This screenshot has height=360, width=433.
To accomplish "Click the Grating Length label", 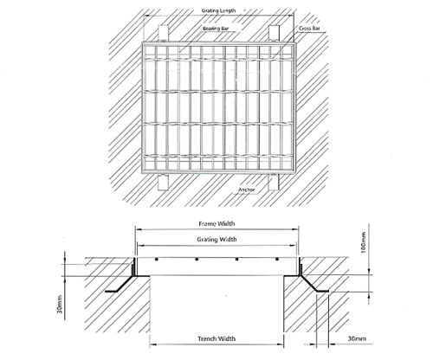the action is point(218,10).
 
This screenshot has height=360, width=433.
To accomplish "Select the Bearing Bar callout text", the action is point(216,29).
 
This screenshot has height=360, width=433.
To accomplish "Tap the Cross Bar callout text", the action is point(309,29).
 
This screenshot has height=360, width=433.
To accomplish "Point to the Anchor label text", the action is point(247,190).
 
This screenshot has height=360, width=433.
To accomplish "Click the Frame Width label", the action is point(216,223).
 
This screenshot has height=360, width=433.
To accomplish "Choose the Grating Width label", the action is point(216,240).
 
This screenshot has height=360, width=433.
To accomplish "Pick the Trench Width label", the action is point(216,338).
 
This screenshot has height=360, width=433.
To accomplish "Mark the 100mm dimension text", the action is point(364,242).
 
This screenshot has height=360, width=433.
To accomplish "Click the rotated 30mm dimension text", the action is point(60,305).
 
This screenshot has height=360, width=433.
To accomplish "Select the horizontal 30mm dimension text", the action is point(357,338).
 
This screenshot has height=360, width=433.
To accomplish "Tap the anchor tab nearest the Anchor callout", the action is point(274,182).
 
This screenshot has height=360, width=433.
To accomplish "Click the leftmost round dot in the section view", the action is point(157,260).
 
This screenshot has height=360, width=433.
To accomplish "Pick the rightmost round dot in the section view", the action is point(277,260).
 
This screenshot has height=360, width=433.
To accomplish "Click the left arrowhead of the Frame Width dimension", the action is point(139,229).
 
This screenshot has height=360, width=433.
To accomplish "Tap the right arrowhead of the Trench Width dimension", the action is point(281,344).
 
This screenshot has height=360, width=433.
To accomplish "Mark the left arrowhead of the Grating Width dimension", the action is point(140,246).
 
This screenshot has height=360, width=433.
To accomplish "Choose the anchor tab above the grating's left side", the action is point(164,34).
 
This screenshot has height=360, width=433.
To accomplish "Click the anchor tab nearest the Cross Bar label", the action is point(275,33).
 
